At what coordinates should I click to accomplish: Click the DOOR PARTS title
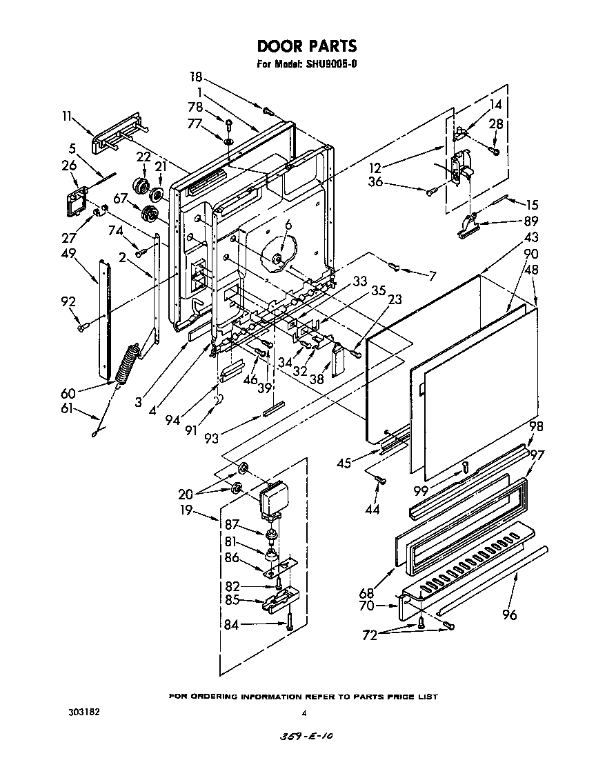tap(307, 46)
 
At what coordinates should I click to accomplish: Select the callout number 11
tap(66, 117)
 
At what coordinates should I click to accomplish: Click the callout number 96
tap(509, 615)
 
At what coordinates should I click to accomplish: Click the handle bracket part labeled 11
tap(119, 132)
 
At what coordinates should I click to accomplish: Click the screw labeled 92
tap(83, 326)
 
